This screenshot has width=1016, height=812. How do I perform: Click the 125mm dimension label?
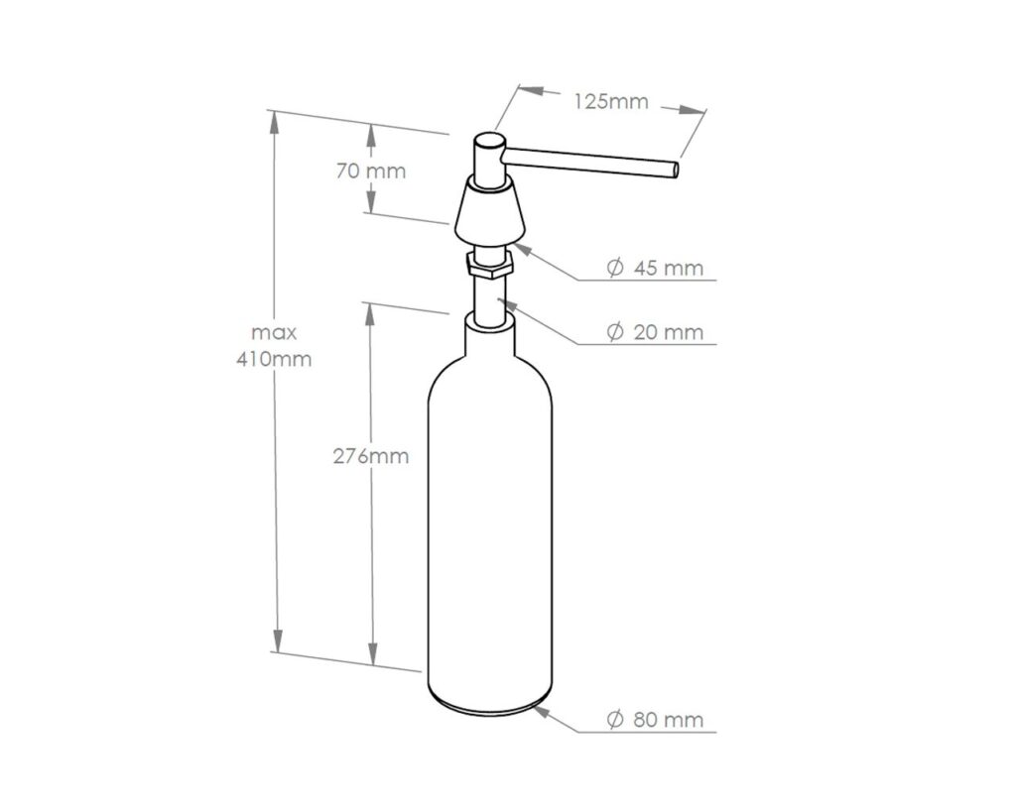pos(610,102)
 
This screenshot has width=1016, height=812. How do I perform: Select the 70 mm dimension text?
pos(371,171)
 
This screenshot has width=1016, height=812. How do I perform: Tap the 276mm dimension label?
pos(370,456)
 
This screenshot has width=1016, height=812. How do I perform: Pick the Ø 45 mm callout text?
pos(655,268)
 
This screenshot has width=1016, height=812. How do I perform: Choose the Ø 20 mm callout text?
pos(655,333)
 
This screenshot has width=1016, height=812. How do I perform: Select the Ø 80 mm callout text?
pos(655,720)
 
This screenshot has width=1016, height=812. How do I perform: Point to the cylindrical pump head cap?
pos(487,159)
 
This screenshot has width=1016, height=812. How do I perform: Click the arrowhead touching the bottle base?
pos(540,709)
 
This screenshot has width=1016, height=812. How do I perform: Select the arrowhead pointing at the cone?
pos(524,244)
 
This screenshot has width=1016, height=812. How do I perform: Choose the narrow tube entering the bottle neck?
pos(487,297)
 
